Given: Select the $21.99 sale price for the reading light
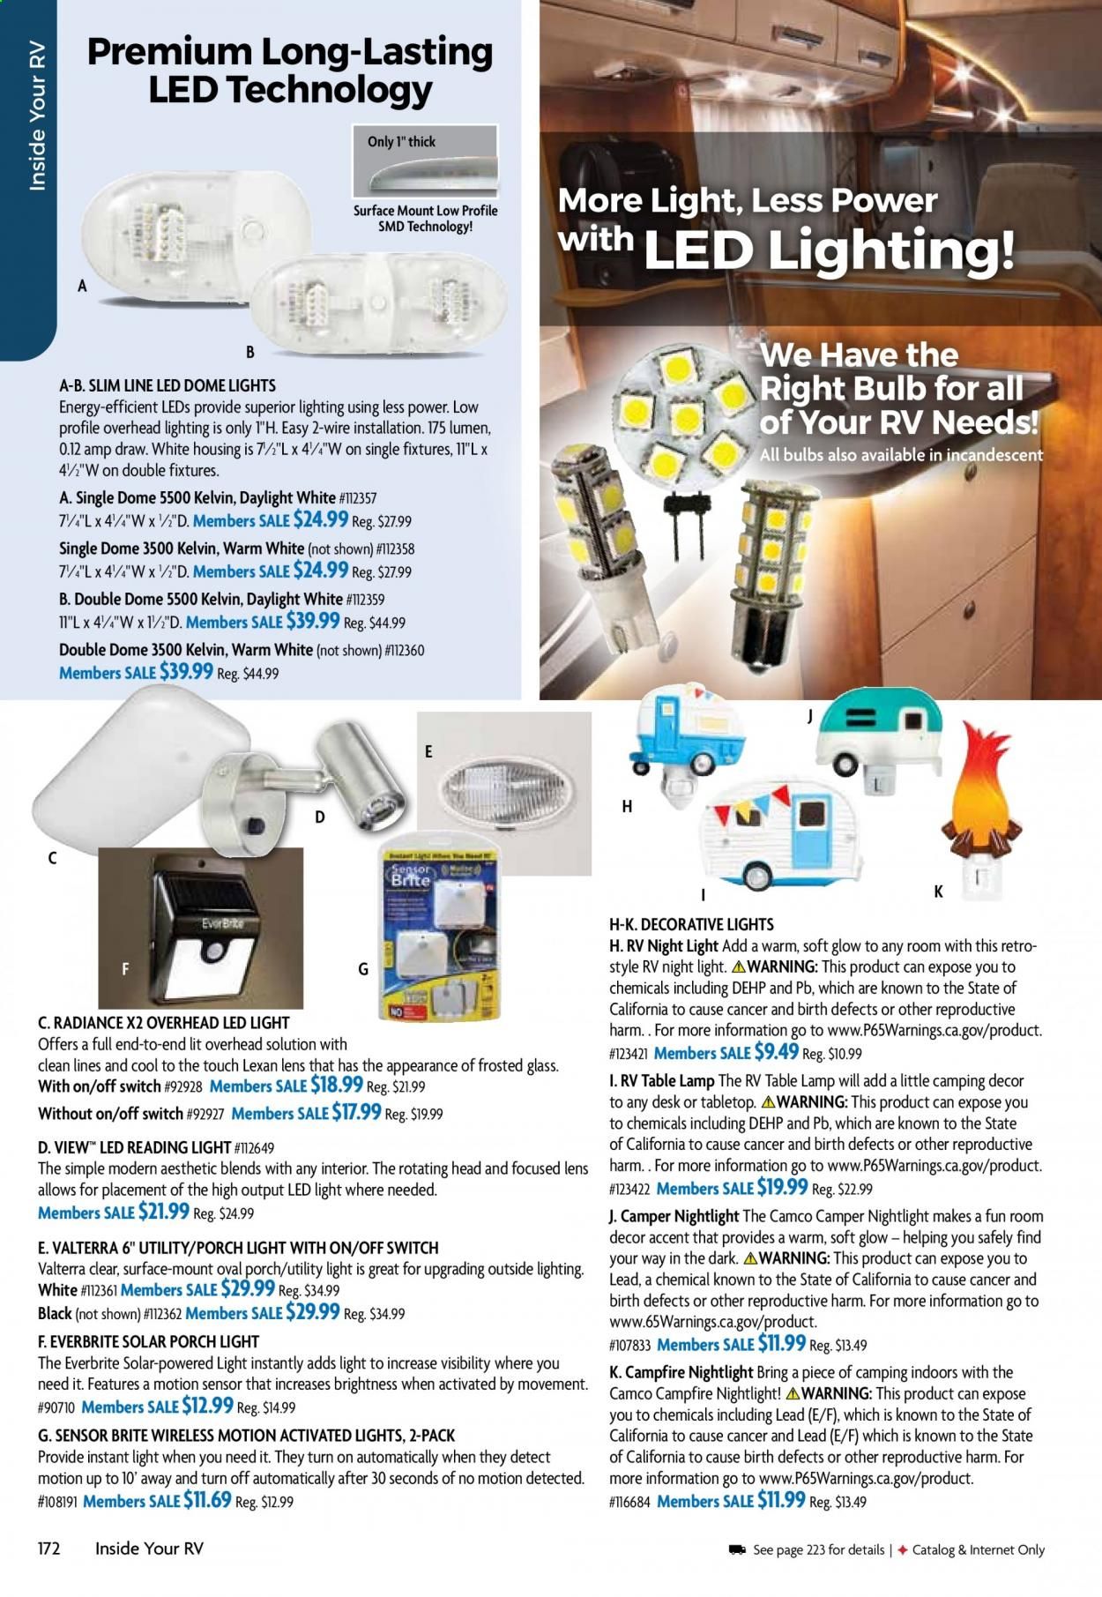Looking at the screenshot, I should tap(163, 1212).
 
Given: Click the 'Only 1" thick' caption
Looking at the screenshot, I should tap(401, 141).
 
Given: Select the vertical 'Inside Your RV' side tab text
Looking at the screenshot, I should tap(37, 120).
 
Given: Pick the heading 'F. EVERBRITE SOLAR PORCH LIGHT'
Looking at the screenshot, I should tap(149, 1340).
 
